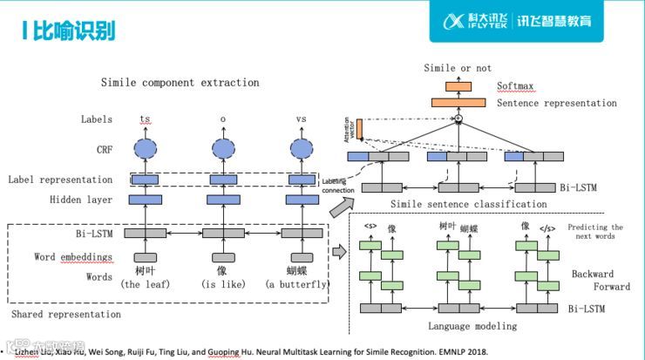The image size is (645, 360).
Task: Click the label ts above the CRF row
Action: (x=145, y=119)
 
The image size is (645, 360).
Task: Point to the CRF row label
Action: (x=104, y=150)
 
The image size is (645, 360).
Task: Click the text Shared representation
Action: (x=65, y=314)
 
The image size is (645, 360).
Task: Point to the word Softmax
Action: (x=518, y=87)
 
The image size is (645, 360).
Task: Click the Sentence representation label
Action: (x=556, y=103)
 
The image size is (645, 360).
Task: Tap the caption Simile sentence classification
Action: (x=469, y=204)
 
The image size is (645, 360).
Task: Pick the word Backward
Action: (x=592, y=275)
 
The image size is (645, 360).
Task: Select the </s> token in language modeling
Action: (x=547, y=228)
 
